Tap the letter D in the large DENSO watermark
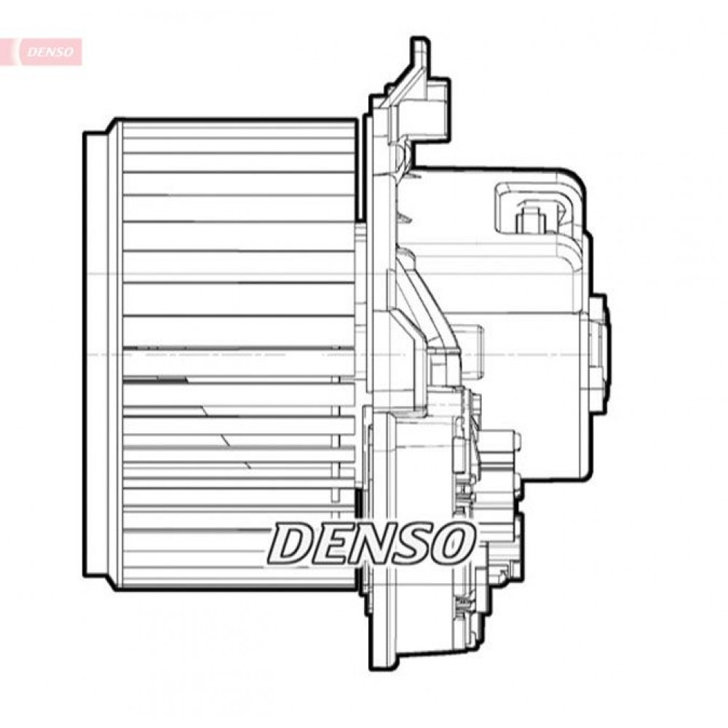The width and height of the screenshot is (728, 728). pyautogui.click(x=291, y=543)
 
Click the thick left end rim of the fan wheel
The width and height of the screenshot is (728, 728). pyautogui.click(x=95, y=353)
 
